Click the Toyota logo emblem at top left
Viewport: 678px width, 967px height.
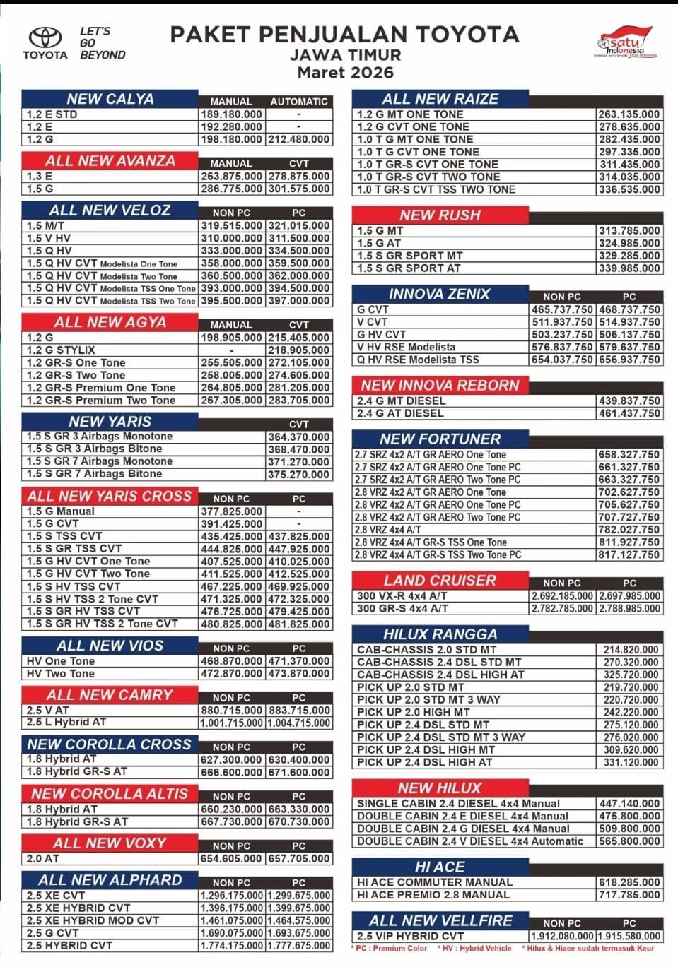coord(45,37)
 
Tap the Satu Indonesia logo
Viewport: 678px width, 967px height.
coord(625,42)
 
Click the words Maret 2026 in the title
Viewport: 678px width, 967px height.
coord(345,72)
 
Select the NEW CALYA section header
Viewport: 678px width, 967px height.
coord(110,99)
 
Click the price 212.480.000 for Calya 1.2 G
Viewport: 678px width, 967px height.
coord(299,139)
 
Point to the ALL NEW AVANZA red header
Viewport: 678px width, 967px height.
coord(110,161)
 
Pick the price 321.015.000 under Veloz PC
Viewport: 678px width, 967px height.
coord(299,225)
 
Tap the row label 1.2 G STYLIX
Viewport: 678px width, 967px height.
coord(61,350)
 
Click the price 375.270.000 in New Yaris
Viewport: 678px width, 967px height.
coord(299,475)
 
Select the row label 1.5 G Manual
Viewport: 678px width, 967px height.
coord(61,511)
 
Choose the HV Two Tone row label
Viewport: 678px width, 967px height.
coord(61,673)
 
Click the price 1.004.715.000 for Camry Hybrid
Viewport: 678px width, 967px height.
coord(299,723)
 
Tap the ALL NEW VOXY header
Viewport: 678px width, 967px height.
coord(110,843)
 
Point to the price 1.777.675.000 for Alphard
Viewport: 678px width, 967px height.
coord(299,945)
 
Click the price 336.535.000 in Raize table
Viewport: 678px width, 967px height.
coord(629,189)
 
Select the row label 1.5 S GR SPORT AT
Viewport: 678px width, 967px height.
coord(409,268)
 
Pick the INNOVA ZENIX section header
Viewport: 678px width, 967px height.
coord(440,294)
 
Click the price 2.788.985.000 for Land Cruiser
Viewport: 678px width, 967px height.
coord(629,608)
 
